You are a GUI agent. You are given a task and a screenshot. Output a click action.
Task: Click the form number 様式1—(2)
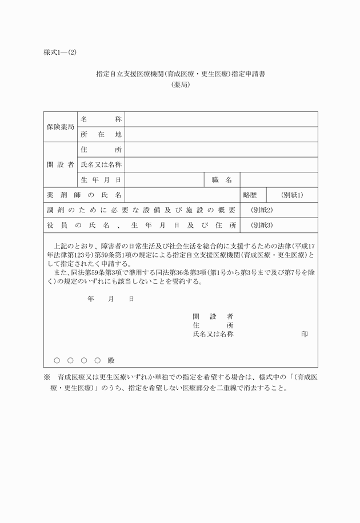(x=60, y=53)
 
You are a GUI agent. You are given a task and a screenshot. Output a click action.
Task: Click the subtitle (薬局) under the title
(x=180, y=85)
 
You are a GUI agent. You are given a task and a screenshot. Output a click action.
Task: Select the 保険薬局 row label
(x=60, y=127)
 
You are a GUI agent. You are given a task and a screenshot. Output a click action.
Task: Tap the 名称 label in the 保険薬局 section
(x=101, y=120)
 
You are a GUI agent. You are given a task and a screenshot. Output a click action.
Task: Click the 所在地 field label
(x=101, y=135)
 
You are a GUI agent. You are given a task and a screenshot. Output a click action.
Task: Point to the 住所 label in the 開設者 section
(x=101, y=150)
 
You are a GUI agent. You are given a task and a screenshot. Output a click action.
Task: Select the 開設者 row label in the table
(x=60, y=165)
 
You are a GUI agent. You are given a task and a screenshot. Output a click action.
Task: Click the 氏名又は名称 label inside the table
(x=101, y=165)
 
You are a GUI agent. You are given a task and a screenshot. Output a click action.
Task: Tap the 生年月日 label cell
(x=101, y=180)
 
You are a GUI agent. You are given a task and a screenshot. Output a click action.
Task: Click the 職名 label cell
(x=222, y=180)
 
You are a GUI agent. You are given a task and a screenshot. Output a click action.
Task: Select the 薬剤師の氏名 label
(x=84, y=195)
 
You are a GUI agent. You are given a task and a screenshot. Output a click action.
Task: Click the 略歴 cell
(x=250, y=195)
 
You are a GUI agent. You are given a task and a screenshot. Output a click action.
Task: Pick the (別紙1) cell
(x=292, y=195)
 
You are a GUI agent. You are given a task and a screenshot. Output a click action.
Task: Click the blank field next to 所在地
(x=221, y=135)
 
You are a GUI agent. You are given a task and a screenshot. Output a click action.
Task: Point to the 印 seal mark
(x=305, y=334)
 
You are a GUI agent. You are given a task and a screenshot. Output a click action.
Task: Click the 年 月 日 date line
(x=111, y=299)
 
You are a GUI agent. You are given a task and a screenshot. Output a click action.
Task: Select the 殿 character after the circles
(x=111, y=360)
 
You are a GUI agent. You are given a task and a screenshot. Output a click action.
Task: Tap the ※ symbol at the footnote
(x=47, y=377)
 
